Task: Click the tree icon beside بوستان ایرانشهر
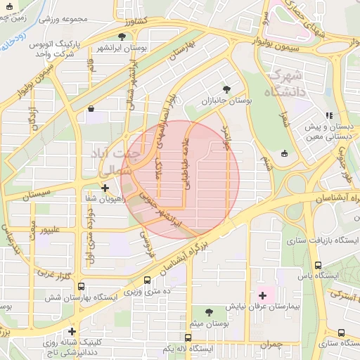(x=122, y=36)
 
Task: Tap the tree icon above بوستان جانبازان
(x=226, y=89)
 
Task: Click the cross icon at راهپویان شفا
(x=105, y=188)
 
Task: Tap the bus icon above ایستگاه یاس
(x=319, y=265)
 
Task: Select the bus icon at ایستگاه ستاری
(x=321, y=332)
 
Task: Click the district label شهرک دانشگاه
(x=284, y=82)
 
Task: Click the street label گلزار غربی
(x=54, y=274)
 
